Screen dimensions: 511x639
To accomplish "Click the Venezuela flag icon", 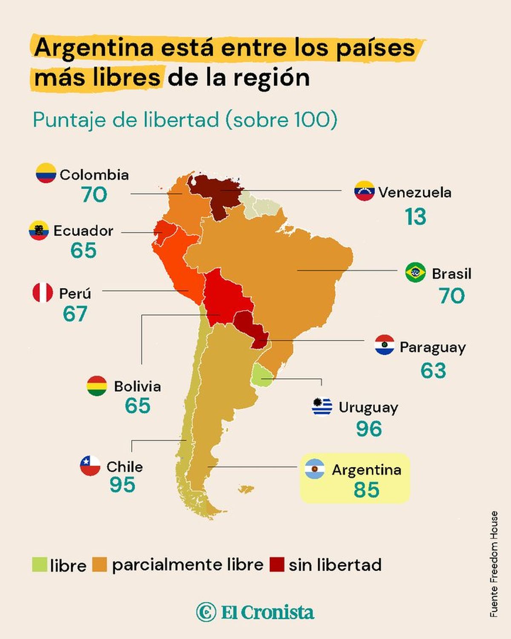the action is point(365,190).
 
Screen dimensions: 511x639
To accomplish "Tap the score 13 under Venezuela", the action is point(415,216).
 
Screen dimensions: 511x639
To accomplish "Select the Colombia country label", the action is point(94,175).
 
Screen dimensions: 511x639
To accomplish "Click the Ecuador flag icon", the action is point(39,230).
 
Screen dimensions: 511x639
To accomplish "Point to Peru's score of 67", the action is point(75,314).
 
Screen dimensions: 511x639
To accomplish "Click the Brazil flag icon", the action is point(415,272).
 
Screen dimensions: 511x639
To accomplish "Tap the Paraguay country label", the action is point(433,348).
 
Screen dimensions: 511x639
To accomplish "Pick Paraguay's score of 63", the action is point(433,371).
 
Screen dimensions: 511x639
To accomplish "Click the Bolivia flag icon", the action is point(97,386).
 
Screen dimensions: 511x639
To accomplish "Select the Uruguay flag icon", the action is point(322,407).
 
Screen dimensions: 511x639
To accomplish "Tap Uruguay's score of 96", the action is point(369,429).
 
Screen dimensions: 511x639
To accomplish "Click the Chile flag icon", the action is point(90,465).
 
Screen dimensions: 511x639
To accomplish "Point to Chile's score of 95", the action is point(122,485).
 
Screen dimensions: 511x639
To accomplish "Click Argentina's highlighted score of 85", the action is point(366,489).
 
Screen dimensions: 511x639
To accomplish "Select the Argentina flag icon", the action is point(315,469).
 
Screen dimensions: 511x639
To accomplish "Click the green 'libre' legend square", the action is point(40,564).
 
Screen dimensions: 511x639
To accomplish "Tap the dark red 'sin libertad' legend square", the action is point(277,564).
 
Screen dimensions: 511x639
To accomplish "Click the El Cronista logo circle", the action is point(206,612).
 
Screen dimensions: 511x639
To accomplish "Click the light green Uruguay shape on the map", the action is point(261,376).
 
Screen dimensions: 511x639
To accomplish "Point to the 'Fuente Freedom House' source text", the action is point(494,560).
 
